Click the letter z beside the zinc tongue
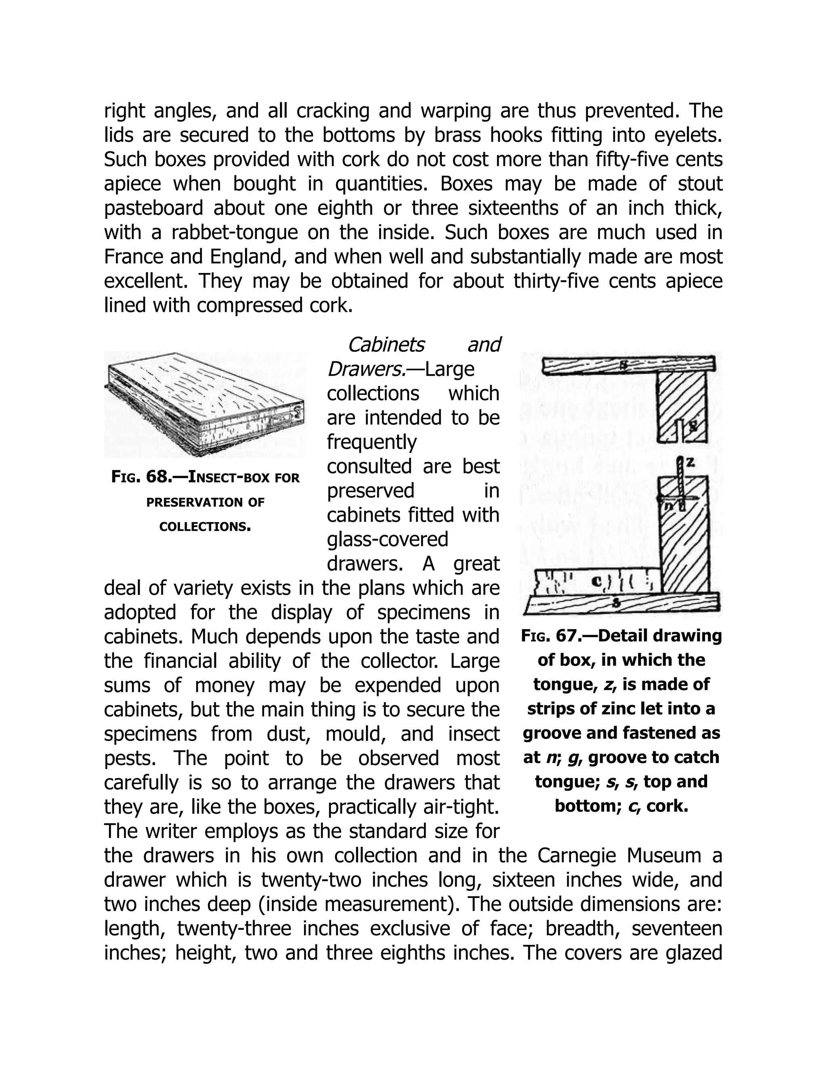[x=690, y=462]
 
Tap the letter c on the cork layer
[x=597, y=581]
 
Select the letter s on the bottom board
[x=617, y=604]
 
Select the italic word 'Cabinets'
[x=386, y=344]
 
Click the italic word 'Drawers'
[x=365, y=369]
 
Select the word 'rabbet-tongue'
[x=234, y=232]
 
